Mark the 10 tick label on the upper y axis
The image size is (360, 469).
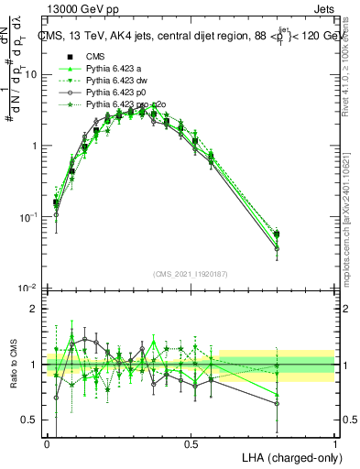[x=30, y=74]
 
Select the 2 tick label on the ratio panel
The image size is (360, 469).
[x=35, y=309]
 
